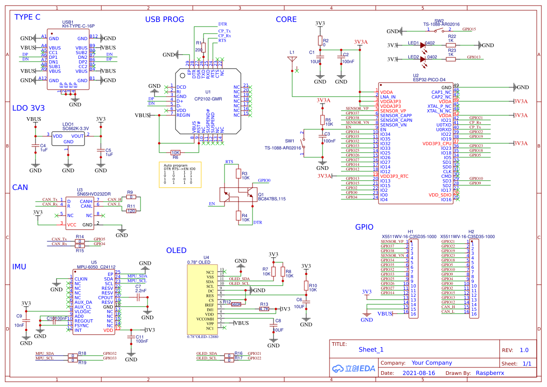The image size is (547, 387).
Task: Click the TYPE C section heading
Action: (x=28, y=17)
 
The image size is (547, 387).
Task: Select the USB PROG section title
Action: (x=164, y=20)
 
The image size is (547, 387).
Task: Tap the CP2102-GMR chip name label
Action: (x=208, y=99)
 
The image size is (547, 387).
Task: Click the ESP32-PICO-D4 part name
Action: (x=429, y=79)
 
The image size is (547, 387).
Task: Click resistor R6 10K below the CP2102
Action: (x=175, y=152)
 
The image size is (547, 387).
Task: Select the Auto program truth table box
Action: (x=180, y=175)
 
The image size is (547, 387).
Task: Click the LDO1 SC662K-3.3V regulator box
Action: (x=68, y=138)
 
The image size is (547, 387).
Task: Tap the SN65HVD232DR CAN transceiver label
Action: (x=94, y=194)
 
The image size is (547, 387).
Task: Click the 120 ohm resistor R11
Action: (x=131, y=211)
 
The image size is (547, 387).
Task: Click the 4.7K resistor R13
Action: (x=264, y=309)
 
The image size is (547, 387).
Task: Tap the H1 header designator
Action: (x=411, y=232)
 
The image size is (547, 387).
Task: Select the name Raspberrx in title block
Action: (x=490, y=373)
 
